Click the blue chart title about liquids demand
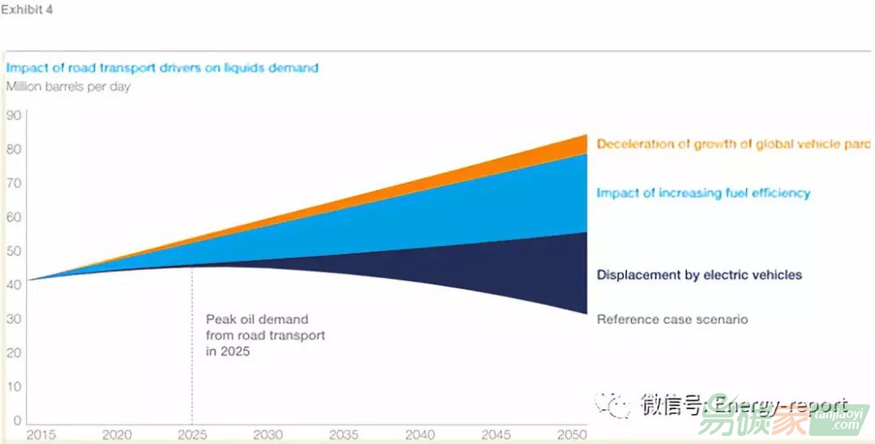(x=162, y=68)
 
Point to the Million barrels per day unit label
(x=68, y=87)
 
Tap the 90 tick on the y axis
(x=14, y=115)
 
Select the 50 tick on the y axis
(x=14, y=251)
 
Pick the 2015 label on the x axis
(x=41, y=435)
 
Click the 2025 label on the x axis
(x=193, y=435)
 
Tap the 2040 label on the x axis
(x=420, y=435)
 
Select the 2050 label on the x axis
(x=572, y=435)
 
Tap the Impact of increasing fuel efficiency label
(x=703, y=193)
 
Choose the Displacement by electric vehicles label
(x=699, y=275)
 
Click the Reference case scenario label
(x=672, y=319)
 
